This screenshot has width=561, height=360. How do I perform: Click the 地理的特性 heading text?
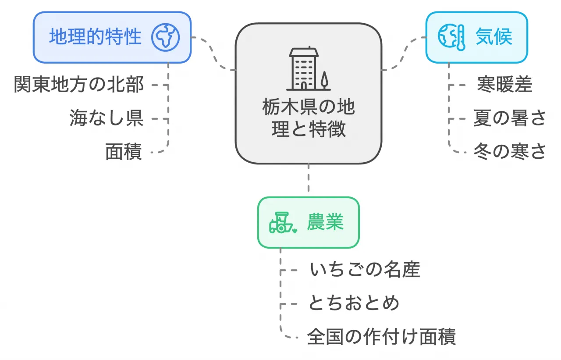point(95,37)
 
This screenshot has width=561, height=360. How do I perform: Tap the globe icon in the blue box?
point(166,37)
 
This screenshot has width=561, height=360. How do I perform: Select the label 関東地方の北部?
point(79,85)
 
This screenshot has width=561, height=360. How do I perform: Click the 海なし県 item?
point(107,118)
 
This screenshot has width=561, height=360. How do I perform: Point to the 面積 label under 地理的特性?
point(124,152)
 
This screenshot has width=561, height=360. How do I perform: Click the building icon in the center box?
point(303,68)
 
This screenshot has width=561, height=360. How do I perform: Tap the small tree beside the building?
point(324,80)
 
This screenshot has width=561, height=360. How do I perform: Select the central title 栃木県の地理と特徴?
point(309,118)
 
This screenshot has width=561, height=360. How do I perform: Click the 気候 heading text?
point(494,37)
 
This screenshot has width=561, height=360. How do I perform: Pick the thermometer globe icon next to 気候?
point(451,37)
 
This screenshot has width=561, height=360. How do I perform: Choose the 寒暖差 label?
point(504,85)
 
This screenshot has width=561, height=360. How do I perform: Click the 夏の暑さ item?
point(510,118)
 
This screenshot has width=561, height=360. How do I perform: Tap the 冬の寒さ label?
point(510,152)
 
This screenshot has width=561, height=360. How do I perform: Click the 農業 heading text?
point(325,222)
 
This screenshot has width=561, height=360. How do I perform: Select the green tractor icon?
point(282,223)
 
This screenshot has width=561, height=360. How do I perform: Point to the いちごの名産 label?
point(365,270)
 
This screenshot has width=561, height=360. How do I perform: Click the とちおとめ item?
point(354,303)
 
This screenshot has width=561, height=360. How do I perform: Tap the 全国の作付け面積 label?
point(382,337)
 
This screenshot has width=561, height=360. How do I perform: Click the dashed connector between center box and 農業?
point(309,180)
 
